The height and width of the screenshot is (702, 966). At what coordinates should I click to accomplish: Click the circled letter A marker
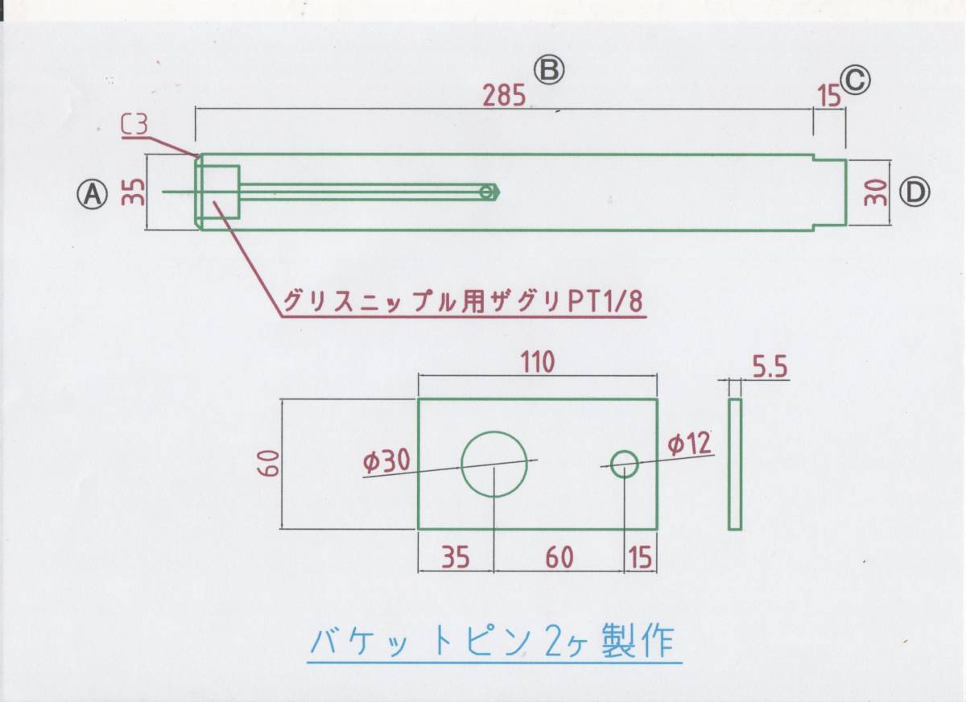[92, 192]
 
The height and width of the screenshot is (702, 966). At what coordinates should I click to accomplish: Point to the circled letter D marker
[915, 192]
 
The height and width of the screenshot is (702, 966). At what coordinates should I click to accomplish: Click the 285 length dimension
[505, 96]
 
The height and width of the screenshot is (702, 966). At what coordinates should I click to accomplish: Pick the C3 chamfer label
[135, 125]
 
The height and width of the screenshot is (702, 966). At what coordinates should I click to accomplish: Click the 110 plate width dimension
[536, 363]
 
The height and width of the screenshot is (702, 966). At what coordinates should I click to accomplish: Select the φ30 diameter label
[386, 461]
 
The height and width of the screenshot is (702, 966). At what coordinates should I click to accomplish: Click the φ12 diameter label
[690, 443]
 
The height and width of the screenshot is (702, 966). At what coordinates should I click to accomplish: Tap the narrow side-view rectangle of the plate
[734, 464]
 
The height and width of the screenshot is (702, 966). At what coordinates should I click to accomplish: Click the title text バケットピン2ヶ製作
[496, 642]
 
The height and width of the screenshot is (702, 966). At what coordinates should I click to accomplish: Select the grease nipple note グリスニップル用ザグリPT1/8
[464, 302]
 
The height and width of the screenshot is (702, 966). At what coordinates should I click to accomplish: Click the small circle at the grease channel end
[486, 192]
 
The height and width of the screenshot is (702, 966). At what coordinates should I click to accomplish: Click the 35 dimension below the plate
[455, 557]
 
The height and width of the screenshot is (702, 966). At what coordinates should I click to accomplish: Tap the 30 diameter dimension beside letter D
[878, 192]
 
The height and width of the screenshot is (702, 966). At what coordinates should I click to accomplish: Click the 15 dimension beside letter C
[828, 96]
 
